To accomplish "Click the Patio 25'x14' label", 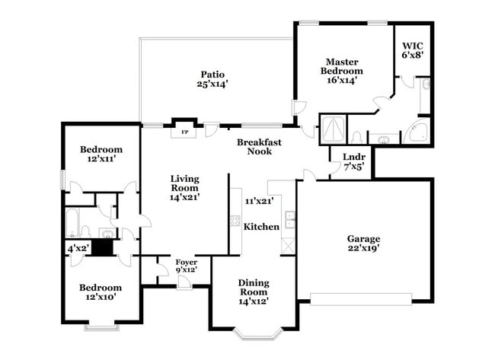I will pos(212,79).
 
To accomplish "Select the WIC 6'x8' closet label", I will pos(412,49).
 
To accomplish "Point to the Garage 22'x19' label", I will pos(364,243).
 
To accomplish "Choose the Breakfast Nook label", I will pos(259,147).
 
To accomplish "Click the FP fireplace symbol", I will pos(184,132).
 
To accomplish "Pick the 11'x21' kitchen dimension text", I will pos(259,202).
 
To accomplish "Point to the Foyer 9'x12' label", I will pos(187,266).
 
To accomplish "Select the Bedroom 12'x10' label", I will pos(101,292).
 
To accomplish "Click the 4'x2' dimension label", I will pos(78,247).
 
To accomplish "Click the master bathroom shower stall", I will pos(332,128).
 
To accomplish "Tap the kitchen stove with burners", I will pos(235,222).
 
